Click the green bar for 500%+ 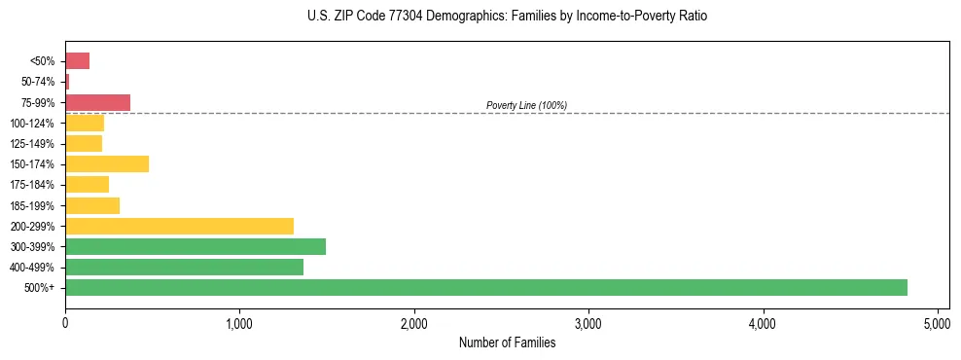coord(486,287)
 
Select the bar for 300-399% coord(196,246)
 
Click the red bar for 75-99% coord(97,102)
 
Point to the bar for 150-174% coord(107,163)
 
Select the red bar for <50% coord(77,61)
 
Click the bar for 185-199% coord(92,205)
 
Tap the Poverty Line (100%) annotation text coord(526,105)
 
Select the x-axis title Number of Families coord(507,342)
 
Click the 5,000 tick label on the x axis coord(938,321)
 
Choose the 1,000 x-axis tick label coord(239,321)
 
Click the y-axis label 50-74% coord(39,82)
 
